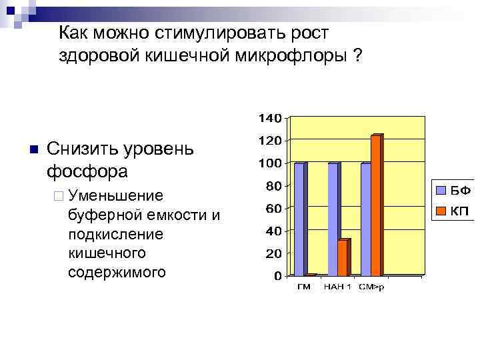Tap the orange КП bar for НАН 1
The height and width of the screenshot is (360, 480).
tap(343, 257)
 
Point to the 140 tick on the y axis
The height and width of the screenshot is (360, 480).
tap(269, 119)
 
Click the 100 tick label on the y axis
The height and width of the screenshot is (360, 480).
tap(269, 163)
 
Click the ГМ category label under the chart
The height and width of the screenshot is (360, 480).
tap(303, 287)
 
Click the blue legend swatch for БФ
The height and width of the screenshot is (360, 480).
tap(441, 190)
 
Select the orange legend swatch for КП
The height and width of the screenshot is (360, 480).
tap(441, 211)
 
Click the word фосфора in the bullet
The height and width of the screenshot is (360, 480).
tap(87, 171)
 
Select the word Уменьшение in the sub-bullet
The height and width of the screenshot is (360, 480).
tap(115, 195)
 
